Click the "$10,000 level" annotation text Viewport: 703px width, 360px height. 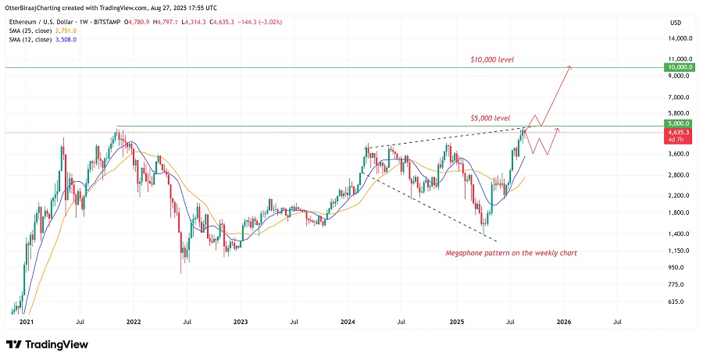pyautogui.click(x=492, y=59)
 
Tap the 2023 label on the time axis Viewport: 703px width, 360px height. pyautogui.click(x=241, y=321)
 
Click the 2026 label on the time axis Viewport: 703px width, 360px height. pyautogui.click(x=563, y=321)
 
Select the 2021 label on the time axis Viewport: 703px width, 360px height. pyautogui.click(x=26, y=321)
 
